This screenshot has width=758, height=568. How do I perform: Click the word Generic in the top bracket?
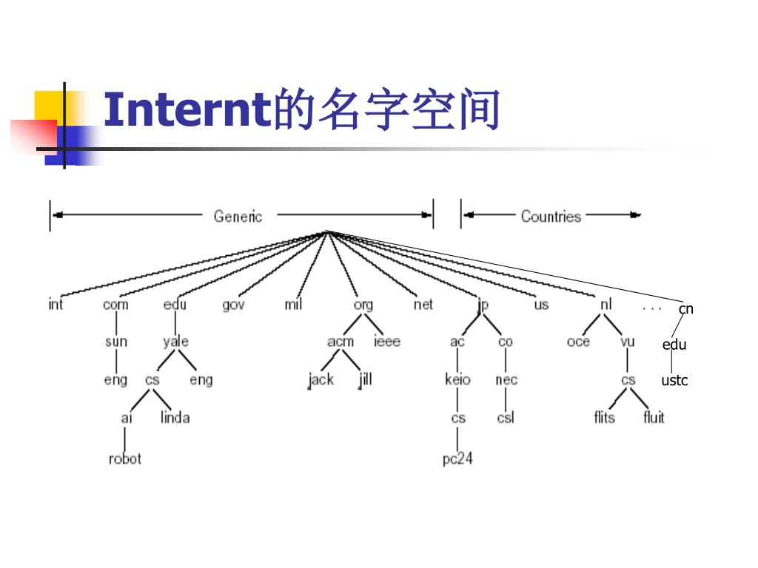point(238,216)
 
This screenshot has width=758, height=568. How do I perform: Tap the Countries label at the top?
point(551,216)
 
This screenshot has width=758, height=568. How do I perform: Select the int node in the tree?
point(56,304)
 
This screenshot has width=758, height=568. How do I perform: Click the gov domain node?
point(233,304)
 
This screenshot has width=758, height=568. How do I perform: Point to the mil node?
point(293,304)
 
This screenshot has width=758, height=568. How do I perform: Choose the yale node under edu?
point(175,342)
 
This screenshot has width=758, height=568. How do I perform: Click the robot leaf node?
point(124,459)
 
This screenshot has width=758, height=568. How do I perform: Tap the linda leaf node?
point(175,418)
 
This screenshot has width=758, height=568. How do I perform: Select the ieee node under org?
point(386,342)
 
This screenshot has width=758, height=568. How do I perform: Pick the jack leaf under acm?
point(321,380)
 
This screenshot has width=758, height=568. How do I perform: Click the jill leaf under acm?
point(365,379)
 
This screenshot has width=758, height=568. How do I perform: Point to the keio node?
point(457,380)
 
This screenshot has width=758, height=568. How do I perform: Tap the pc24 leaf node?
point(457,459)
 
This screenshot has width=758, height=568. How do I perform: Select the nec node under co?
point(506,380)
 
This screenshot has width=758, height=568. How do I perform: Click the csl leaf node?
point(506,418)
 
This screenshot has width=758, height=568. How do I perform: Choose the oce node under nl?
point(578,342)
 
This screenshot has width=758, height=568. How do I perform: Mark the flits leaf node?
point(604,418)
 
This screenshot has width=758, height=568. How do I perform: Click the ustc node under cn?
point(674,381)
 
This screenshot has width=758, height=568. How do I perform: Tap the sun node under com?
point(116,342)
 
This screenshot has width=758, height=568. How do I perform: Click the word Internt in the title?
point(187,109)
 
